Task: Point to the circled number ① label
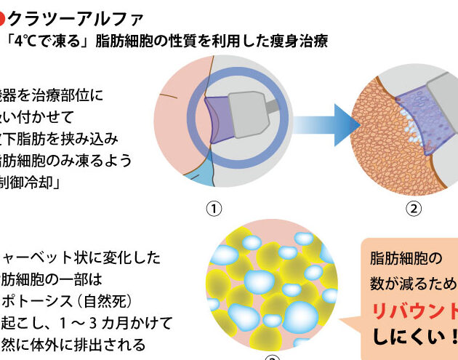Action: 213,209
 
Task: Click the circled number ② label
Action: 413,209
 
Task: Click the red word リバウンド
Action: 414,312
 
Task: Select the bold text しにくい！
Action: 415,337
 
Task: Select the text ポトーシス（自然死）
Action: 69,300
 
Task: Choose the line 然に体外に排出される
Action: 73,344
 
